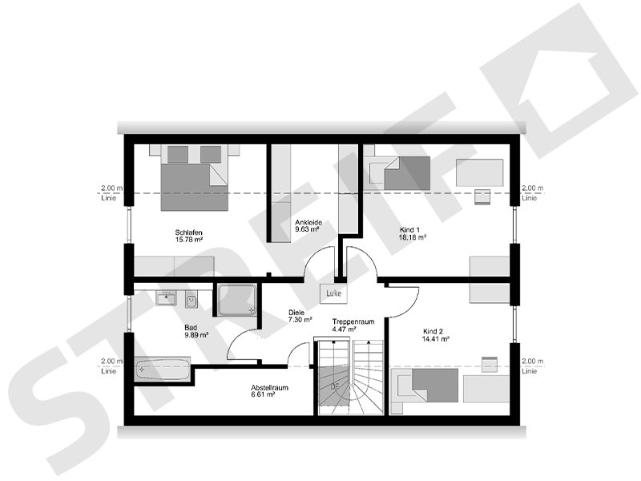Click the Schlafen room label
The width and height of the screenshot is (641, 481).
pos(188,232)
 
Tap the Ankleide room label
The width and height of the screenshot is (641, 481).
pos(308,221)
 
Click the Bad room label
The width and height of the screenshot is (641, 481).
pos(191,328)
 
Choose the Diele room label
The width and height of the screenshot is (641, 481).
pos(297,313)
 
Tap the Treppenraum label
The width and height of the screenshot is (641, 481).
pos(354,321)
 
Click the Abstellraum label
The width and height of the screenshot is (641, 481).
pos(269,388)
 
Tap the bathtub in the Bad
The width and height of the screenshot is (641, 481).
pos(163,370)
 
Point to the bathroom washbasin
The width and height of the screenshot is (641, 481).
pos(167,298)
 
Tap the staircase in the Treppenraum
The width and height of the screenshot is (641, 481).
pos(351,377)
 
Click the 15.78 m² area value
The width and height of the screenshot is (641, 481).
pos(188,239)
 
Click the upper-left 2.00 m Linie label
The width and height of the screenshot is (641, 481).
pos(111,192)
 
